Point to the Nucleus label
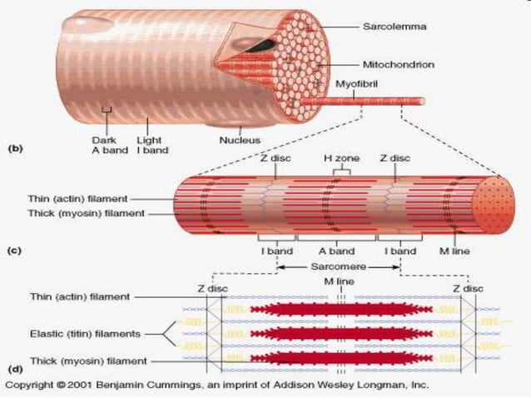(240, 140)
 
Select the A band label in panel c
(337, 251)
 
